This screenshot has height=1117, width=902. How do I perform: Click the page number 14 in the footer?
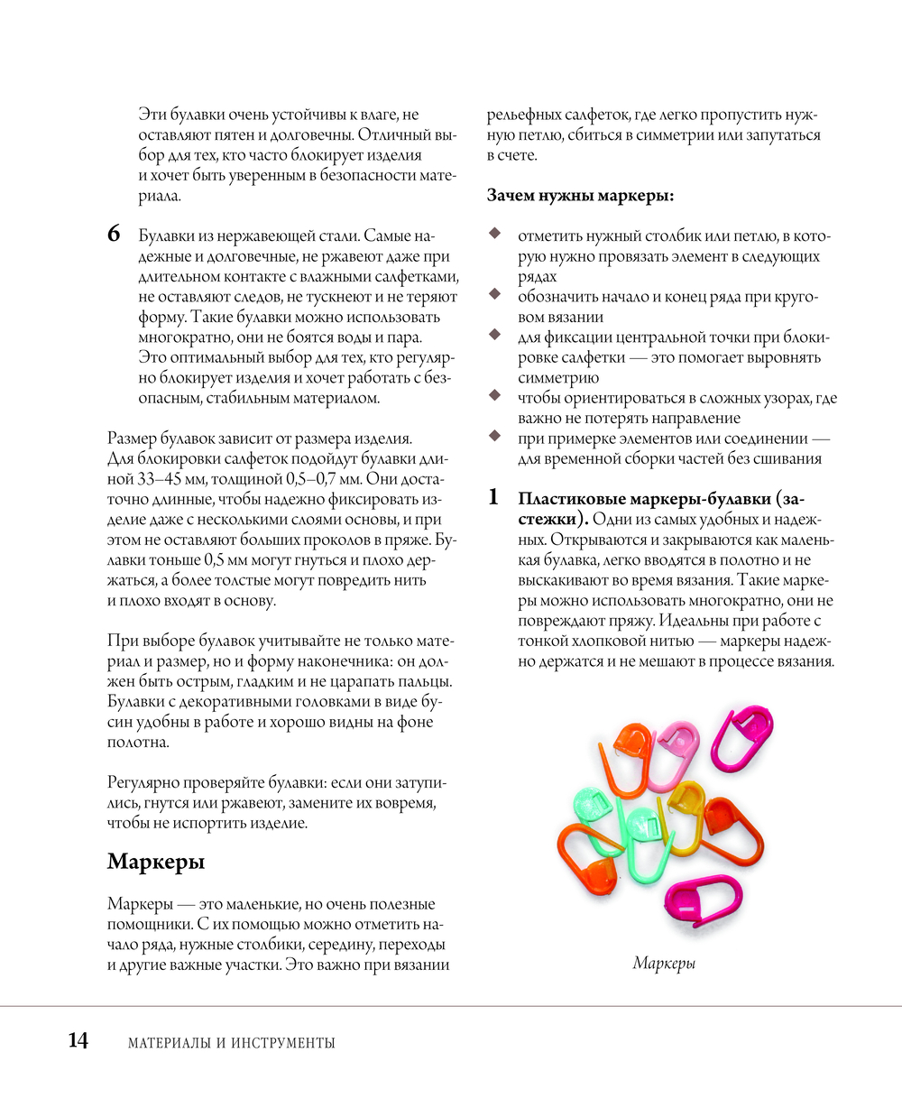tap(78, 1040)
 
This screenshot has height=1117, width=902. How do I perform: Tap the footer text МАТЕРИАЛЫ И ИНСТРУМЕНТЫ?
tap(232, 1043)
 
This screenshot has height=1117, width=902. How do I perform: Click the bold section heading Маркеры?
tap(156, 862)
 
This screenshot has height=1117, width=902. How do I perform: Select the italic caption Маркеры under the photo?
tap(664, 964)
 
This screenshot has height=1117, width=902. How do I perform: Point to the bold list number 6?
tap(114, 235)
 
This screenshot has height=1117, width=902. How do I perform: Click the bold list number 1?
tap(493, 497)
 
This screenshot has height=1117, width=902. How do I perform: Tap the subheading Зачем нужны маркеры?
tap(580, 195)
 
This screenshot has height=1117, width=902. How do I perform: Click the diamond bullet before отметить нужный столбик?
tap(494, 234)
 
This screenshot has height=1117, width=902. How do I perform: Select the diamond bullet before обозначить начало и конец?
tap(494, 294)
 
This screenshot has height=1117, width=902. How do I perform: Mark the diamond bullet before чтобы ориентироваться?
tap(494, 395)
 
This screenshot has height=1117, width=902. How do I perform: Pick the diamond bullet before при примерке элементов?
tap(494, 436)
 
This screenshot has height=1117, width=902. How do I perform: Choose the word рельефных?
tap(524, 115)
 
